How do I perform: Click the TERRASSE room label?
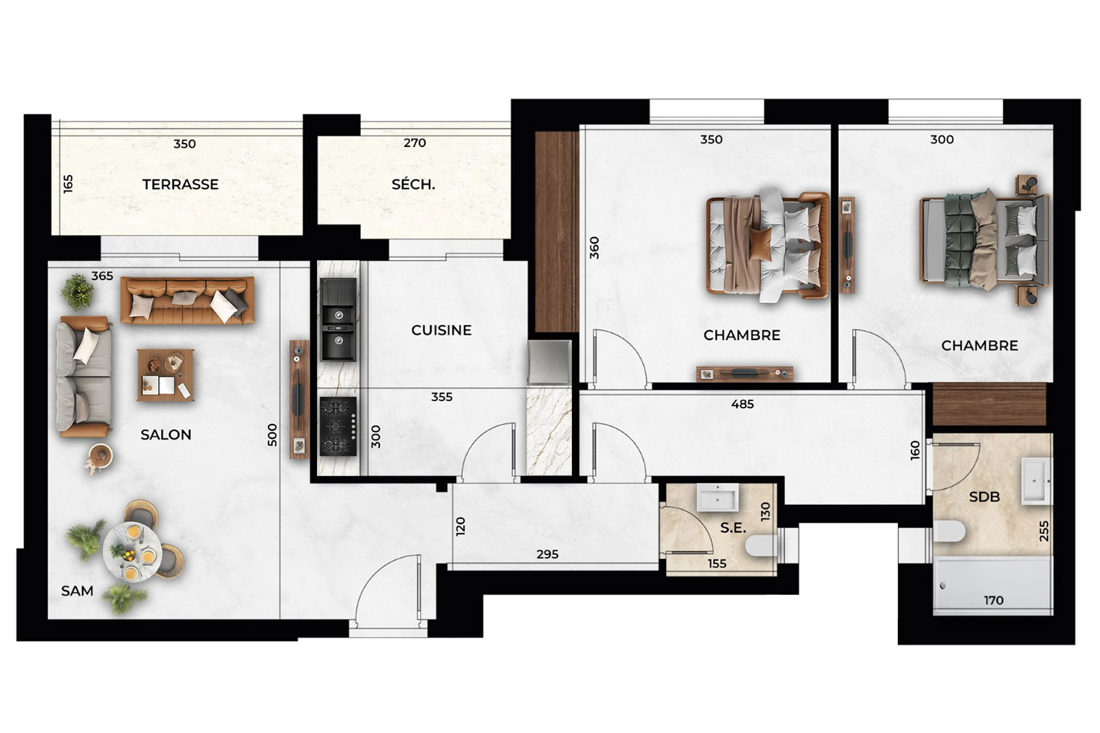pos(180,185)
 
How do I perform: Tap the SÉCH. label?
pos(413,185)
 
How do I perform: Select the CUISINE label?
pos(441,330)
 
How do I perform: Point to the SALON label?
pos(166,435)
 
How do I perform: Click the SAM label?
pos(77,591)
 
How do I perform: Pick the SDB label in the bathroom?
pos(984,497)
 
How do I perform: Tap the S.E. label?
pos(733,528)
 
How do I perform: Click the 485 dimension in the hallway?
pos(742,404)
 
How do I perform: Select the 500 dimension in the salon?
pos(272,435)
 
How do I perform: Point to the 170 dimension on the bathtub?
pos(993,600)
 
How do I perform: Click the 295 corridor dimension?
pos(547,554)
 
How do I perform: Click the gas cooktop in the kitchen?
pos(338,427)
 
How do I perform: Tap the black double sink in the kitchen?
pos(338,319)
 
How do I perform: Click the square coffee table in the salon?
pos(166,375)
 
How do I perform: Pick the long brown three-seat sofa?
pos(188,300)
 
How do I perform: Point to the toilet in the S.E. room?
pos(761,545)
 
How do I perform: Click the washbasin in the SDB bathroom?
pos(1037,482)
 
